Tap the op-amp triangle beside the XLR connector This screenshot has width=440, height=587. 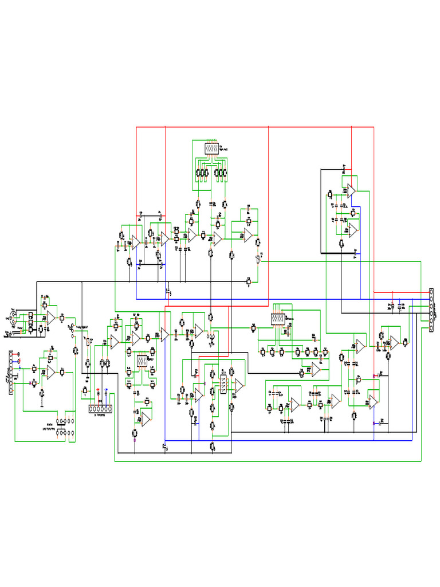[51, 317]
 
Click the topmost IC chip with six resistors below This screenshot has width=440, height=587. [211, 148]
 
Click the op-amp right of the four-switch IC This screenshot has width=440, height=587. [239, 387]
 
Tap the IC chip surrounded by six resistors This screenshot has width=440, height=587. [141, 361]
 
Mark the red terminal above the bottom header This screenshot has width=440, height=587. [97, 391]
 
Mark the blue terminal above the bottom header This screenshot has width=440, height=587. [105, 391]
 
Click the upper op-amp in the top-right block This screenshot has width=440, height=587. [351, 191]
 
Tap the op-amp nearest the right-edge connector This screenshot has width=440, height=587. [394, 342]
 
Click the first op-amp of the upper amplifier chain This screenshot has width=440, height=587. [135, 242]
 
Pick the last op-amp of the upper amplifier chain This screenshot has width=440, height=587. [248, 234]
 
